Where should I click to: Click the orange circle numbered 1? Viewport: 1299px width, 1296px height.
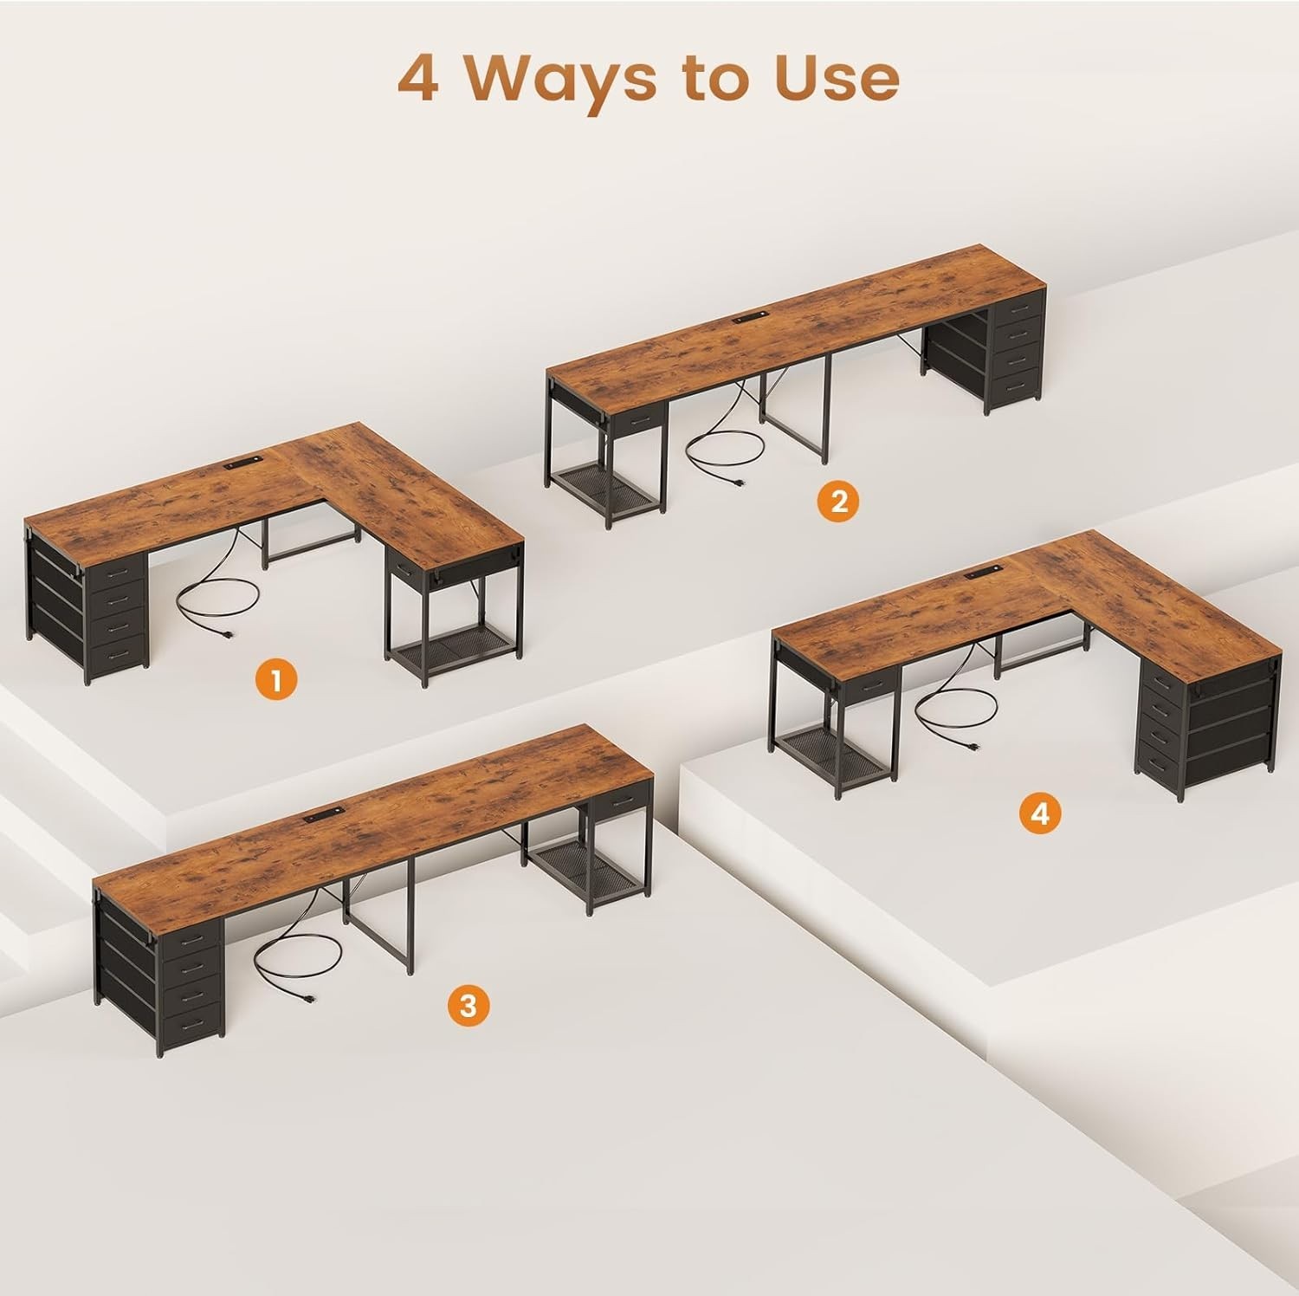[276, 679]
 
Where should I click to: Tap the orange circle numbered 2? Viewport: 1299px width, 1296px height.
[838, 501]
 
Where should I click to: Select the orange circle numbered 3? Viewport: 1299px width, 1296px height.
[468, 1006]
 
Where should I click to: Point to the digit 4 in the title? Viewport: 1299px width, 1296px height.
[418, 80]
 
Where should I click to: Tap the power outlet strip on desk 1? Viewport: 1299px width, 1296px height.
[242, 466]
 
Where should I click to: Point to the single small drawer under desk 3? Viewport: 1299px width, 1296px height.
[621, 801]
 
